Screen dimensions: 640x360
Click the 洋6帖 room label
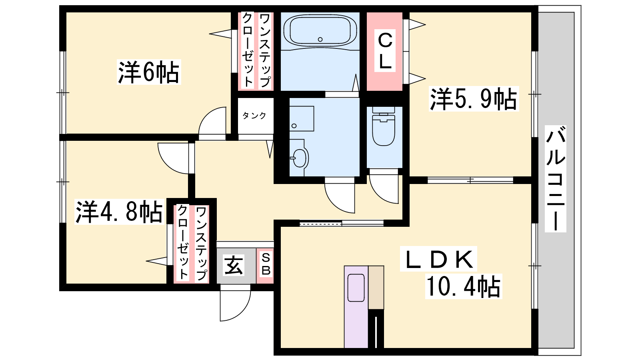(148, 72)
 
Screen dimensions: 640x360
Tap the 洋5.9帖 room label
(474, 99)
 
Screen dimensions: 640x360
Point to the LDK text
(438, 259)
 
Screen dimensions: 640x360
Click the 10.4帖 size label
(464, 286)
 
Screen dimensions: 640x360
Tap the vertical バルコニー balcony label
(556, 178)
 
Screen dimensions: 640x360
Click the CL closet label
(385, 50)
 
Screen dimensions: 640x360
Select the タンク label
(254, 116)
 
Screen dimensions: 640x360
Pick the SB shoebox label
(266, 264)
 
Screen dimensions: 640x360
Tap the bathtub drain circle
(320, 40)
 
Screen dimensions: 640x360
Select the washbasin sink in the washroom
(299, 158)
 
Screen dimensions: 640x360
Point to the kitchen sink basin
(356, 288)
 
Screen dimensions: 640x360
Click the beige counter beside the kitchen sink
(376, 288)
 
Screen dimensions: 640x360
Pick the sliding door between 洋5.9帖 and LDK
(470, 180)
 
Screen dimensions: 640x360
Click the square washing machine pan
(302, 118)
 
